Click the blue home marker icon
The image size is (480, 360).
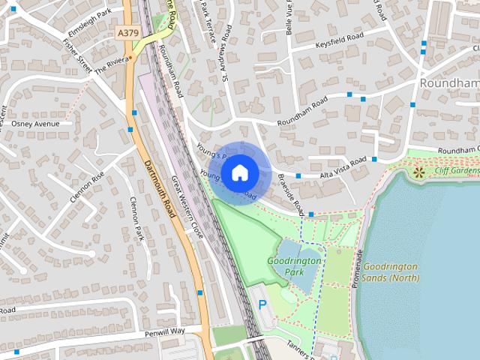coord(239,173)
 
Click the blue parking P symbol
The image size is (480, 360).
coord(262,304)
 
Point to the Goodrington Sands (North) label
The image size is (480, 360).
coord(393,272)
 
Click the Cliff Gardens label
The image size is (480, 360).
coord(454,171)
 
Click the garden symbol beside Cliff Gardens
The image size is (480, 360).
coord(418,173)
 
